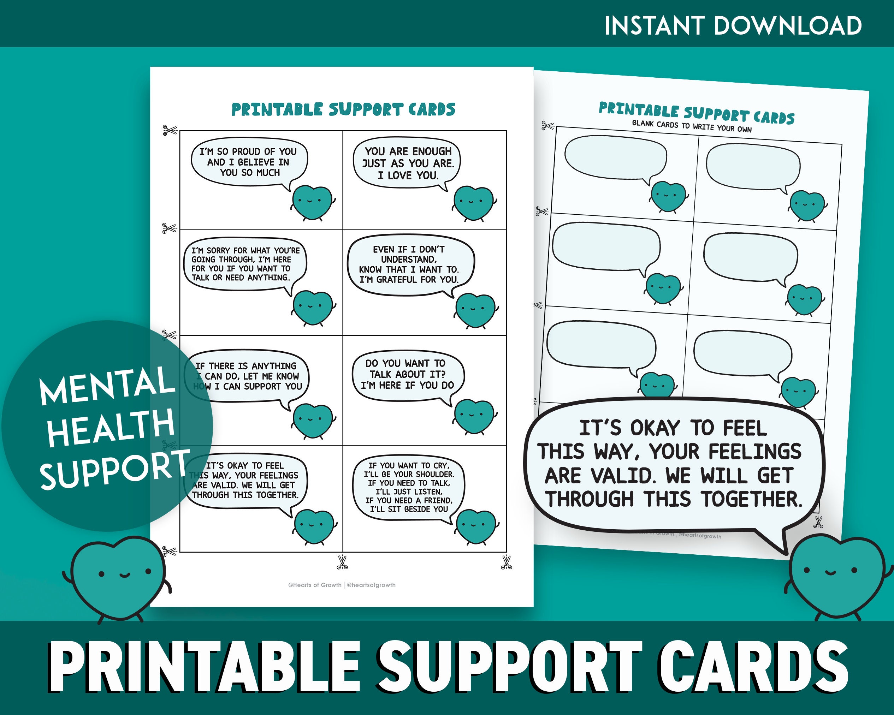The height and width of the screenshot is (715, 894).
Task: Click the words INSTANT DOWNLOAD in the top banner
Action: pyautogui.click(x=733, y=26)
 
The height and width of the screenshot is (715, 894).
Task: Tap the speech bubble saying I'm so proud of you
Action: pyautogui.click(x=249, y=162)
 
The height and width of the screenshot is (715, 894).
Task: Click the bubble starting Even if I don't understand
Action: pyautogui.click(x=409, y=264)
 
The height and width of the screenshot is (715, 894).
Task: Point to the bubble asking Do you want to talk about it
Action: pyautogui.click(x=407, y=374)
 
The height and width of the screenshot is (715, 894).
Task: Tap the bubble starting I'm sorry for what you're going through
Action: pyautogui.click(x=245, y=264)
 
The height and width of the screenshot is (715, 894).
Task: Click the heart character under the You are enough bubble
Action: pyautogui.click(x=474, y=203)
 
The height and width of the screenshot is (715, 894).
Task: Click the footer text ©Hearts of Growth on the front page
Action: pyautogui.click(x=315, y=585)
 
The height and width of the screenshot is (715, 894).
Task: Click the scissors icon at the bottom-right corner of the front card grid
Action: pyautogui.click(x=507, y=562)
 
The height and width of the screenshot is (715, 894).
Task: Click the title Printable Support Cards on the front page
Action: pyautogui.click(x=343, y=109)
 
